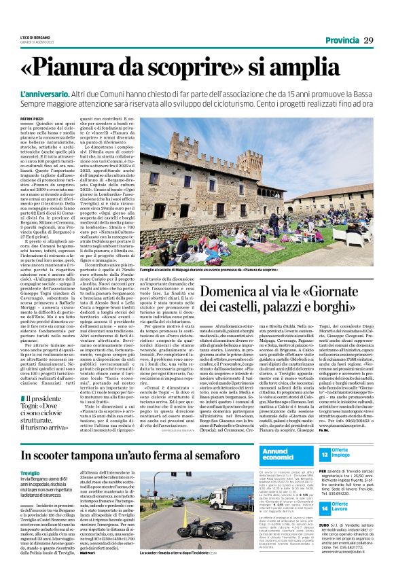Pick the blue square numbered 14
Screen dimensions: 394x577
pyautogui.click(x=325, y=508)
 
